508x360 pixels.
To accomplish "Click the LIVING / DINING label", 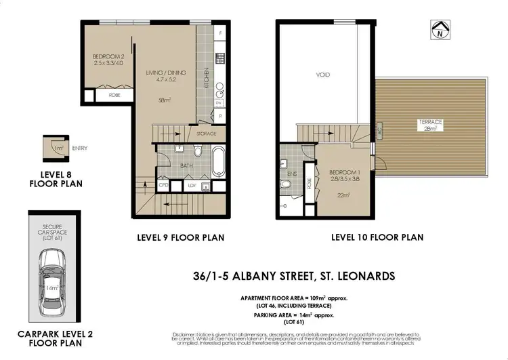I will [166, 73].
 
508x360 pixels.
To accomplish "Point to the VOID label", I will [323, 75].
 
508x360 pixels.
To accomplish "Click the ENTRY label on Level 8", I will [79, 148].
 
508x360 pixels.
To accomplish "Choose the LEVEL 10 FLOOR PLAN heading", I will [377, 237].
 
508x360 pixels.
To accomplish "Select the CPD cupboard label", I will [163, 185].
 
